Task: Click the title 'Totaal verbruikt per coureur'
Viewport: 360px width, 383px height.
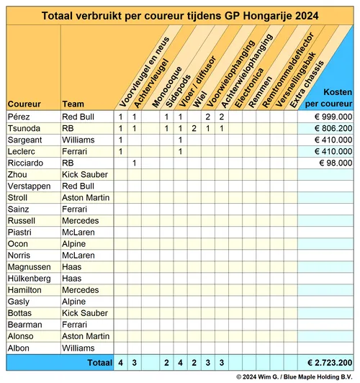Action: [180, 15]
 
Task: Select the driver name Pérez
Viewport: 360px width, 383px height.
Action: [19, 117]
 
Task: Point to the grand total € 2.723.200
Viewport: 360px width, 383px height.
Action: [328, 362]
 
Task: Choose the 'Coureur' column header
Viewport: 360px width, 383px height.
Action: [24, 104]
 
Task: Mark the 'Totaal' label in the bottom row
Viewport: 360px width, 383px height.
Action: [99, 362]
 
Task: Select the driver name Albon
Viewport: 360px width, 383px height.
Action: [19, 348]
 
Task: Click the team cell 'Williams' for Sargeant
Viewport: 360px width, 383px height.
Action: [78, 140]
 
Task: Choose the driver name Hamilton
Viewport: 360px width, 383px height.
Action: [25, 289]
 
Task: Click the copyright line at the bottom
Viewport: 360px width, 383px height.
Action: [294, 377]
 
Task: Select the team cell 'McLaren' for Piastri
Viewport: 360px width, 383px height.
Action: [78, 232]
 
